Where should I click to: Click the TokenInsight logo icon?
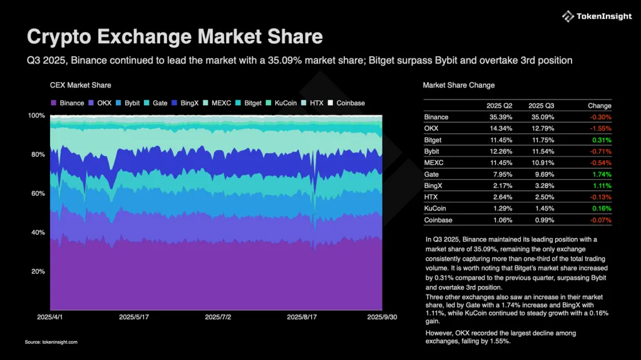568,16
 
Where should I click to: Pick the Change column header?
600,106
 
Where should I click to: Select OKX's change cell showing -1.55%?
600,128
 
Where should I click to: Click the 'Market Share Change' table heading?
458,85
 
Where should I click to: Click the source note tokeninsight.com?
51,342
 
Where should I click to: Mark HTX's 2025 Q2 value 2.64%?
501,197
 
